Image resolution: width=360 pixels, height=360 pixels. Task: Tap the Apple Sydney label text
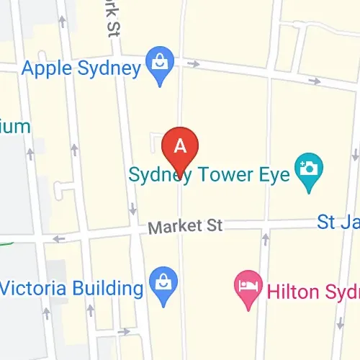click(x=81, y=69)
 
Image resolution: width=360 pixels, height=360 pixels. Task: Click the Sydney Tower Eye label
click(x=209, y=174)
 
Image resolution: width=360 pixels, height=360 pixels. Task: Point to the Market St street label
click(x=185, y=226)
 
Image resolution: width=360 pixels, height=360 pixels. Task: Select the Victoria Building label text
click(x=72, y=289)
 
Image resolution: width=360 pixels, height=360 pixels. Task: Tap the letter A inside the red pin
click(x=181, y=145)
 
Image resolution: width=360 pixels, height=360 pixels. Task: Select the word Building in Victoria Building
click(x=104, y=289)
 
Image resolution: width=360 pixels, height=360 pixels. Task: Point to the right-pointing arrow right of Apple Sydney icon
click(x=194, y=65)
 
